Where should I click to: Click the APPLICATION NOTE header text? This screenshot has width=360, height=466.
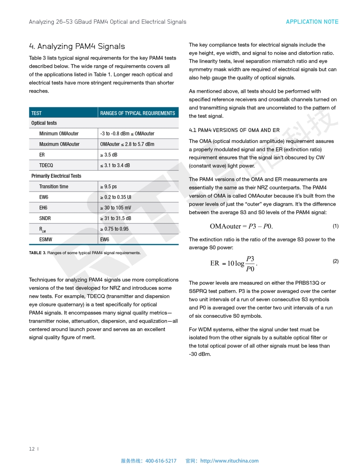tap(312, 22)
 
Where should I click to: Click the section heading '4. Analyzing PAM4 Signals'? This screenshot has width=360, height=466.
tap(77, 46)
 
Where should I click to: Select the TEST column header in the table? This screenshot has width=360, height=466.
tap(37, 113)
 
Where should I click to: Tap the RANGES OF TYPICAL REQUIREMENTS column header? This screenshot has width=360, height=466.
tap(137, 113)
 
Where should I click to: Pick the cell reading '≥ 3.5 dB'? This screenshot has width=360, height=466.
tap(109, 155)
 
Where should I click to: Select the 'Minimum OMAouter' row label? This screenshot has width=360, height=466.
tap(59, 134)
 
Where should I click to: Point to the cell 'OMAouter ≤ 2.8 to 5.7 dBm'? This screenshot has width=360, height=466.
tap(127, 144)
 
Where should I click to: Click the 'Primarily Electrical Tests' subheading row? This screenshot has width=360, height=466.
tap(56, 176)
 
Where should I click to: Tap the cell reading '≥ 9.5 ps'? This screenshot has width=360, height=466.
tap(109, 187)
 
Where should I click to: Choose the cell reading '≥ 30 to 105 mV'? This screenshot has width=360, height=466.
tap(115, 208)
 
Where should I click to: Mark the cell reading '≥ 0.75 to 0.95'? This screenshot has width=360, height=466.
tap(114, 229)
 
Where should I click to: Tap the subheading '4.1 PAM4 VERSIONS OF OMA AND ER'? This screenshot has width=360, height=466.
tap(234, 130)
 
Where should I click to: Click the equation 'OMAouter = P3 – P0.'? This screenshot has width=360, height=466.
tap(241, 226)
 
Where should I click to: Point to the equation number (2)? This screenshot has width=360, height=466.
tap(335, 261)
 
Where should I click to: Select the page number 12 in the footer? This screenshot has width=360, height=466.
tap(32, 449)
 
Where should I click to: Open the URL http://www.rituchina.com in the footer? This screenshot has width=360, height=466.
tap(229, 461)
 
